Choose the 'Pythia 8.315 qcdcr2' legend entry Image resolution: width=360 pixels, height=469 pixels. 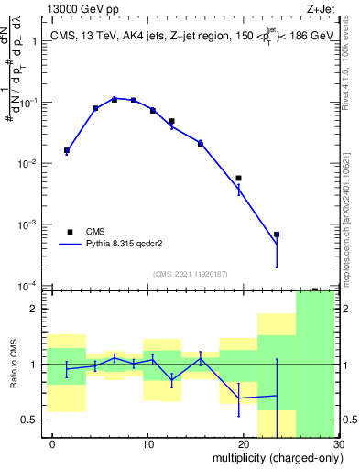pyautogui.click(x=119, y=245)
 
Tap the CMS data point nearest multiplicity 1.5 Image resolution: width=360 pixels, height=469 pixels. pyautogui.click(x=67, y=150)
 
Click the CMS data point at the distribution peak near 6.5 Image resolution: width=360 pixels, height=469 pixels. pyautogui.click(x=115, y=99)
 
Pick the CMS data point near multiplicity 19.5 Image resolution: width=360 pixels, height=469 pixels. pyautogui.click(x=238, y=179)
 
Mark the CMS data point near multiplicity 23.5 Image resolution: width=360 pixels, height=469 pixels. pyautogui.click(x=277, y=234)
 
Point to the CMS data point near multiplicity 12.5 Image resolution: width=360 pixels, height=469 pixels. pyautogui.click(x=171, y=121)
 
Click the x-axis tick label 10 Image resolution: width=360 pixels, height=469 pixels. pyautogui.click(x=147, y=444)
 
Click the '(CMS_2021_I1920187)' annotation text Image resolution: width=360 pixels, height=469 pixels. pyautogui.click(x=190, y=274)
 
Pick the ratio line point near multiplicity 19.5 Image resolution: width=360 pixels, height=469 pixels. pyautogui.click(x=238, y=398)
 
